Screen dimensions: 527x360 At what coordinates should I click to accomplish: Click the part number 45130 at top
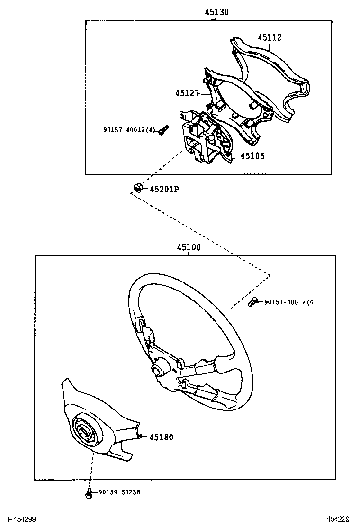(x=216, y=12)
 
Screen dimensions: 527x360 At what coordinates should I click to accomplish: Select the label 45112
(x=270, y=37)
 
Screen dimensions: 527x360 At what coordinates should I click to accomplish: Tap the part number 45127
(x=187, y=93)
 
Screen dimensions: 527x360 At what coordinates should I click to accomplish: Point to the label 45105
(x=252, y=156)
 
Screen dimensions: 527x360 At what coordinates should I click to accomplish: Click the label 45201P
(x=164, y=190)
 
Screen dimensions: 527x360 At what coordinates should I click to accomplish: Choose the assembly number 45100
(x=189, y=247)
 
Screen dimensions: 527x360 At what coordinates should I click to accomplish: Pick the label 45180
(x=161, y=437)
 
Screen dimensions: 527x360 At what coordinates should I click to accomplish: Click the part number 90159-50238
(x=119, y=492)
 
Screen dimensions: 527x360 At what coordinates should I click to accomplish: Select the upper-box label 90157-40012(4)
(x=129, y=130)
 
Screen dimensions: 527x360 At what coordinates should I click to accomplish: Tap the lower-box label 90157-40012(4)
(x=290, y=302)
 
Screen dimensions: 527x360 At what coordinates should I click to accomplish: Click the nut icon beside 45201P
(x=137, y=188)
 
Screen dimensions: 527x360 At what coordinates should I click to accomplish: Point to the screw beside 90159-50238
(x=89, y=494)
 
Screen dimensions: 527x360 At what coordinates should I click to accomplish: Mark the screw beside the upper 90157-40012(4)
(x=163, y=130)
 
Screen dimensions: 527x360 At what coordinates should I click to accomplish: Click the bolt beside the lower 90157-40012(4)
(x=253, y=301)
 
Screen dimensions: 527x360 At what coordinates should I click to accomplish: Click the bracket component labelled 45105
(x=204, y=140)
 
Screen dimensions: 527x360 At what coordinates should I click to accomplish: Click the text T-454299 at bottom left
(x=21, y=519)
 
